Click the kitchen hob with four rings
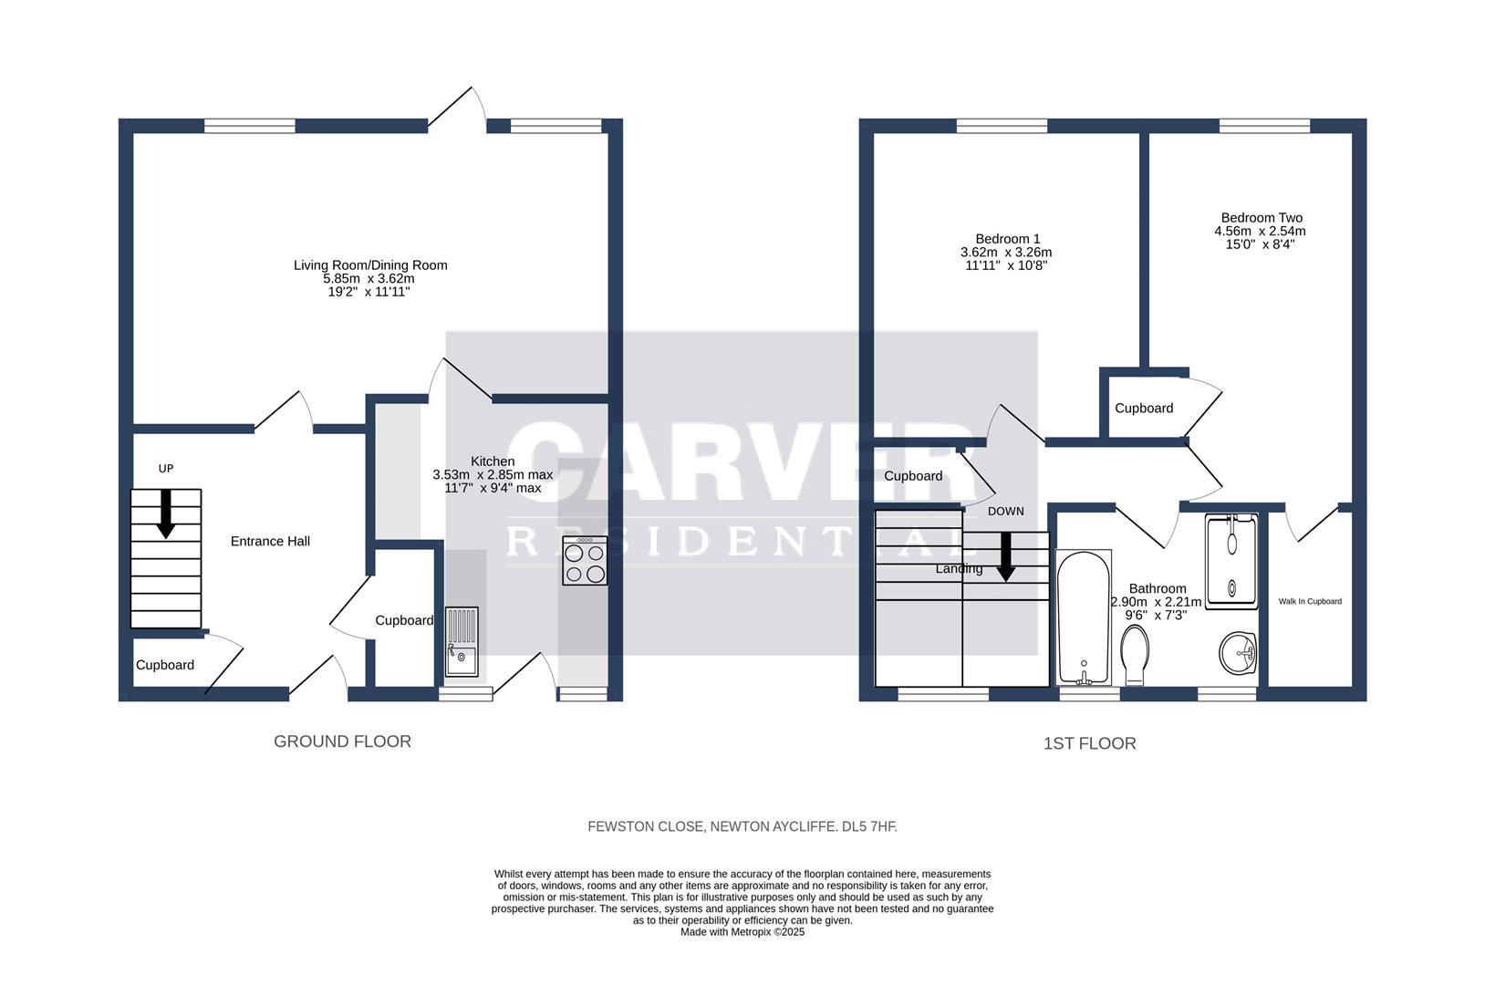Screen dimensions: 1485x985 pos(584,560)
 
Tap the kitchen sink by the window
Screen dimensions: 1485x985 pos(462,641)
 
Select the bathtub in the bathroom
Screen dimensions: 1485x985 pos(1084,617)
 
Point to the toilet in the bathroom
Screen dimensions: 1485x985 pos(1135,655)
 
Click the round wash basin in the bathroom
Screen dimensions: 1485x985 pos(1238,653)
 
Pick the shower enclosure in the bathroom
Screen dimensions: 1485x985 pos(1231,561)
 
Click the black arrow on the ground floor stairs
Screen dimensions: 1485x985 pos(166,513)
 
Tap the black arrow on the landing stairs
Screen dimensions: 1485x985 pos(1006,556)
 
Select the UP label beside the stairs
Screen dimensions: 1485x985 pos(166,469)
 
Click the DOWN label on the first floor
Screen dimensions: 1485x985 pos(1006,511)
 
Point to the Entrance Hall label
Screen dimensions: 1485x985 pos(270,541)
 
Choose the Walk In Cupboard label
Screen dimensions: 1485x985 pos(1310,601)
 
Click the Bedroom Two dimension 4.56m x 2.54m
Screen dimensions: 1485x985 pos(1260,232)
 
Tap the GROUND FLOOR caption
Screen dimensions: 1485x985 pos(342,741)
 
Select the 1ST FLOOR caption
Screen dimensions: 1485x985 pos(1089,743)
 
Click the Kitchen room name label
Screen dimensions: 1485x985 pos(492,461)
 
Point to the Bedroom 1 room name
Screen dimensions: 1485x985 pos(1007,239)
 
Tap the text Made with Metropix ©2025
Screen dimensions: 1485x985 pos(742,932)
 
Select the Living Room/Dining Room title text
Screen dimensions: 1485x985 pos(370,265)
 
